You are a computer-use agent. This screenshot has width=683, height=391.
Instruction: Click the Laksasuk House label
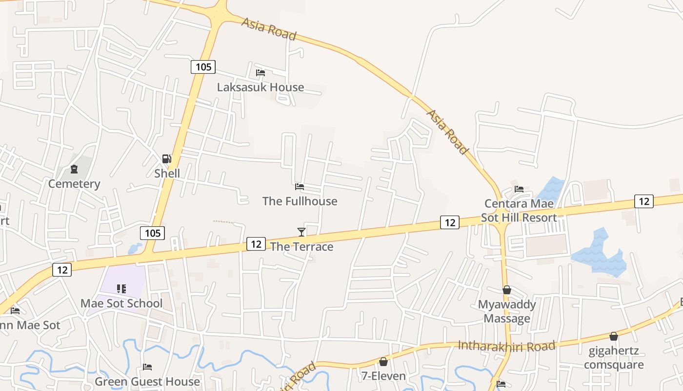[261, 87]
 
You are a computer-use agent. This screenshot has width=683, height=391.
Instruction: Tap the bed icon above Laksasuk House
[261, 73]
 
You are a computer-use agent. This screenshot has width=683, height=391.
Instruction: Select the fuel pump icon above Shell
[167, 159]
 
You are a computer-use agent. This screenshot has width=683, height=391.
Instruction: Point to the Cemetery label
[74, 184]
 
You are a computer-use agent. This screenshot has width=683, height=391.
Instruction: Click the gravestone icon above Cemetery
[74, 169]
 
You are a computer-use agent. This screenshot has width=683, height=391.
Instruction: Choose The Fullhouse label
[300, 201]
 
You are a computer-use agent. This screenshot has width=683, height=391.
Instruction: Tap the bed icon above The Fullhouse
[300, 187]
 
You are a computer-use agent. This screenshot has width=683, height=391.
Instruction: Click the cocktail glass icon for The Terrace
[301, 232]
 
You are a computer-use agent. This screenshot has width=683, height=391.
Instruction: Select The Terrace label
[301, 246]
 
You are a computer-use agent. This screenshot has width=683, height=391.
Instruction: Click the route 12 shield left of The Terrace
[256, 243]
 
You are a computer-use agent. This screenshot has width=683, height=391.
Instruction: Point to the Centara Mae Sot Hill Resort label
[519, 211]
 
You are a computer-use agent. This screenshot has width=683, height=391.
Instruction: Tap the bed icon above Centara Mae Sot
[519, 189]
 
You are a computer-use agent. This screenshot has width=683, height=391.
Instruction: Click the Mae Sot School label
[121, 304]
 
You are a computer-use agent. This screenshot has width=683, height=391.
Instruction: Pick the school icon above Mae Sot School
[121, 289]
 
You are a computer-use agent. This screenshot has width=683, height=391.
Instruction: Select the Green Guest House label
[147, 382]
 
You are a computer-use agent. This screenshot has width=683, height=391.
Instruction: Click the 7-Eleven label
[383, 376]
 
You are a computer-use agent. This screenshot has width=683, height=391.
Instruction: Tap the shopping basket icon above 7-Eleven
[383, 362]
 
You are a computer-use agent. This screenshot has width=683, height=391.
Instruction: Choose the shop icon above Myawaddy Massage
[507, 290]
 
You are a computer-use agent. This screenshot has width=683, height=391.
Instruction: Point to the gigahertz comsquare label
[614, 358]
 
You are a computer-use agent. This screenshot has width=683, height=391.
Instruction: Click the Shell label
[167, 174]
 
